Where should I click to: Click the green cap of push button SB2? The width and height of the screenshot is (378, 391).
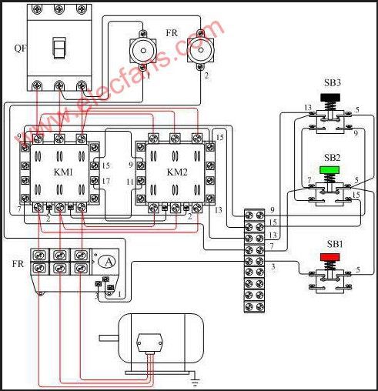[x=329, y=170]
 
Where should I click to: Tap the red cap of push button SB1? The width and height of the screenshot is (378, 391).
[x=330, y=257]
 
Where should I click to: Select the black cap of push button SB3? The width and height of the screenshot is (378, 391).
[x=330, y=98]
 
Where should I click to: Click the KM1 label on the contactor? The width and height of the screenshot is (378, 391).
[x=63, y=172]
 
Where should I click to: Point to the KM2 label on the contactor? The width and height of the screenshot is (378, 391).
[x=177, y=172]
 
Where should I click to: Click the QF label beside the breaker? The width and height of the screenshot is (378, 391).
[x=20, y=48]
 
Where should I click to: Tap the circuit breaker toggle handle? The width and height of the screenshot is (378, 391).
[x=59, y=48]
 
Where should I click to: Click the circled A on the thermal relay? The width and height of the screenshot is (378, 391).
[x=109, y=262]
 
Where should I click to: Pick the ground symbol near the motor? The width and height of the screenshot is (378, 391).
[x=196, y=383]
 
